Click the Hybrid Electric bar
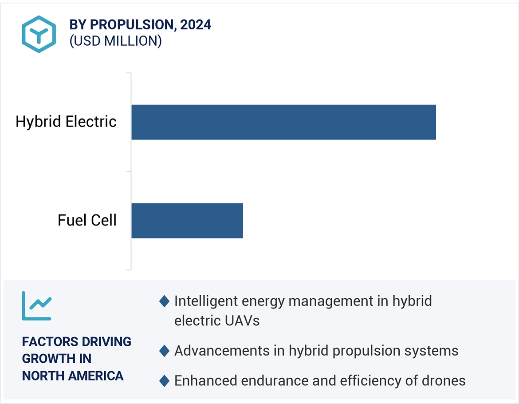pyautogui.click(x=283, y=122)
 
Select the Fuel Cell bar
pyautogui.click(x=187, y=221)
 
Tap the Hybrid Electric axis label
pyautogui.click(x=66, y=122)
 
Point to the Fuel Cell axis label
pyautogui.click(x=87, y=220)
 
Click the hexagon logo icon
pyautogui.click(x=39, y=34)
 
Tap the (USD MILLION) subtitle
pyautogui.click(x=115, y=41)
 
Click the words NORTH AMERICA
pyautogui.click(x=73, y=376)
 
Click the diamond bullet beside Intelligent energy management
pyautogui.click(x=164, y=301)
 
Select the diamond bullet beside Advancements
pyautogui.click(x=164, y=351)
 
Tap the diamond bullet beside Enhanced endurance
pyautogui.click(x=164, y=381)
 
